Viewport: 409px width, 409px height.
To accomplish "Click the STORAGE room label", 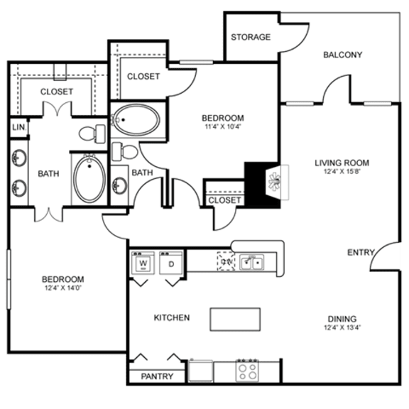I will [x=251, y=37].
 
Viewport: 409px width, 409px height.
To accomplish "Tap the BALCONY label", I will [x=342, y=55].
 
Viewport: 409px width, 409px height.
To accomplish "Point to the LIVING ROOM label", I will [x=342, y=163].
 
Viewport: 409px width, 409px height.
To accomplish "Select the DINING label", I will [x=342, y=319].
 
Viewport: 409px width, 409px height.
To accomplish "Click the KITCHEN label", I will [x=172, y=317].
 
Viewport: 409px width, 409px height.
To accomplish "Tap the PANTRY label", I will [x=157, y=376].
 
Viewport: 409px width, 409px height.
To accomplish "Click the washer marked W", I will [x=143, y=263].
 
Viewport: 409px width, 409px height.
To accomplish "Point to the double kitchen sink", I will [x=251, y=263].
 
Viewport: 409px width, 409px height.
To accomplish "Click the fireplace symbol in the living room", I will [x=272, y=181].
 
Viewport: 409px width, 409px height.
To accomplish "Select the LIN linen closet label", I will [x=17, y=127].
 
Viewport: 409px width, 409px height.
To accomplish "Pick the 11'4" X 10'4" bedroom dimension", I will [x=222, y=128].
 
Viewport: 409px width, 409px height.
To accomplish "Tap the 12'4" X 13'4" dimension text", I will [x=342, y=328].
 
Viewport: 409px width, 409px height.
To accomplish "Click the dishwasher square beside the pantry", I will [x=200, y=371].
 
